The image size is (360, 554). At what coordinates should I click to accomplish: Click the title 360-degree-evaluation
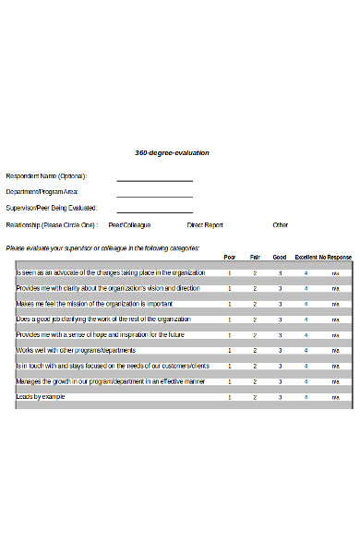click(172, 152)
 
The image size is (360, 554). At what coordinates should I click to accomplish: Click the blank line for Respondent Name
click(154, 180)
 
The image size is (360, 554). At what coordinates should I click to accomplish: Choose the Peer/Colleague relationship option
click(129, 224)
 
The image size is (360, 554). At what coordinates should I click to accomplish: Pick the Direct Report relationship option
click(205, 224)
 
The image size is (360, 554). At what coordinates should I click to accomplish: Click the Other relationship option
click(280, 224)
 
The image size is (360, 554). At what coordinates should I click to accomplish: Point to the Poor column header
click(230, 258)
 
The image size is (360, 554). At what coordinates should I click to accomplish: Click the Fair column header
click(255, 258)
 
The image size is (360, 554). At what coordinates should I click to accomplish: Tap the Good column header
click(280, 258)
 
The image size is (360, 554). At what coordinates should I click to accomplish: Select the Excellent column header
click(306, 258)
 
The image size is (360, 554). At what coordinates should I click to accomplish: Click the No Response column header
click(335, 258)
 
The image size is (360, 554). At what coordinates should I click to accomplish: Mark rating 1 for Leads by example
click(230, 396)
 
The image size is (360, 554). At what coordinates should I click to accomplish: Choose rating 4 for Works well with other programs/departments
click(306, 350)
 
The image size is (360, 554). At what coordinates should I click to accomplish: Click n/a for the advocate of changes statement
click(336, 273)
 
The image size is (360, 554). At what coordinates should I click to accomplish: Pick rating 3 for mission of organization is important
click(280, 304)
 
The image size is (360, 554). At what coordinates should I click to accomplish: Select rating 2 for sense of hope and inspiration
click(255, 335)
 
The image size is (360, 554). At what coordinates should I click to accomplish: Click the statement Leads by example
click(41, 396)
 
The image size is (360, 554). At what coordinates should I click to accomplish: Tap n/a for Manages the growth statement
click(336, 381)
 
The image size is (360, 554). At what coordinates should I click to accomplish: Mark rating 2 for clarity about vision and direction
click(255, 289)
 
